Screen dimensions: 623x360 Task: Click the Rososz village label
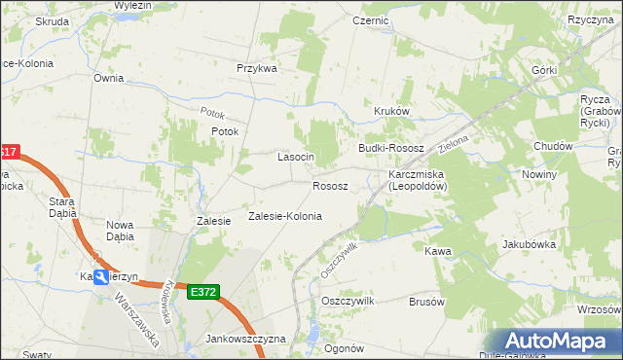coord(330,185)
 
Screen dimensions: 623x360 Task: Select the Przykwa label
coord(257,69)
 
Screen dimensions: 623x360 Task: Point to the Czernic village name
coord(371,19)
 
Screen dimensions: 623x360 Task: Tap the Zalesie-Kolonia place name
coord(285,216)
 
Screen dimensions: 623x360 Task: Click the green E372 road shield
coord(204,291)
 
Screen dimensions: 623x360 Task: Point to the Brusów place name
coord(426,302)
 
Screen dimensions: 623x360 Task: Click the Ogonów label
coord(344,348)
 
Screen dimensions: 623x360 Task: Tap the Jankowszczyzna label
coord(245,339)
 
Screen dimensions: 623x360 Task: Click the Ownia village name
coord(108,77)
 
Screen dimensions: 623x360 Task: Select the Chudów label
coord(552,146)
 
